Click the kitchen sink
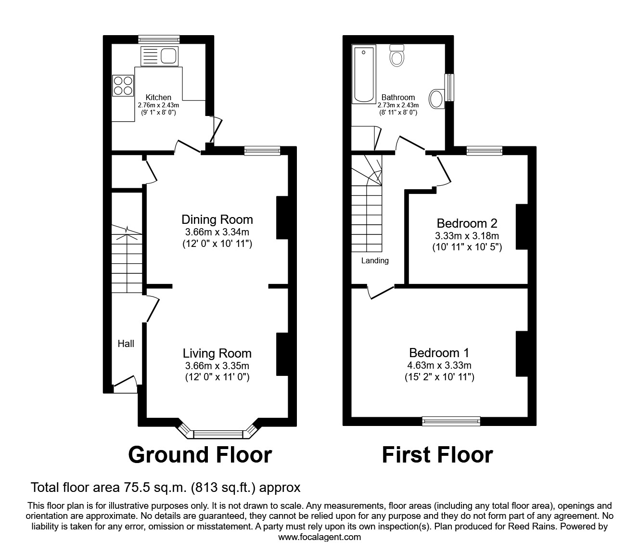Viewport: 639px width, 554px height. click(160, 56)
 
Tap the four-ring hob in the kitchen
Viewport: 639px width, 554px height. click(123, 85)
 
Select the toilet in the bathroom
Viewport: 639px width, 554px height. click(397, 55)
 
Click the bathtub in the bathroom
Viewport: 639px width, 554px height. click(364, 75)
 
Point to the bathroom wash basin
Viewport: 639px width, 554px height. click(436, 99)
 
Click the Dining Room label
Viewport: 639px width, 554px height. click(217, 220)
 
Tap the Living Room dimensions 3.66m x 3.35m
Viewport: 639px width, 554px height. click(217, 366)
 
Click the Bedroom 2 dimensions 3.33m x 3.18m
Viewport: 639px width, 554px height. click(467, 236)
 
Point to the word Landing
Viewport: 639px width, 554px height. click(375, 261)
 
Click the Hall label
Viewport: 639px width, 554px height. click(126, 344)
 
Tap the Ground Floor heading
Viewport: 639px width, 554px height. click(200, 455)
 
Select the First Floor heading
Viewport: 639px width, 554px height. click(437, 455)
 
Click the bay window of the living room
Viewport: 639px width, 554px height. click(217, 434)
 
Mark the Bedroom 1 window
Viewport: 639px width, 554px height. click(451, 421)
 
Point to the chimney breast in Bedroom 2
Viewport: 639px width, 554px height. click(522, 227)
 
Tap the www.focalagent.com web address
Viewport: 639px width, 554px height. click(319, 537)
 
